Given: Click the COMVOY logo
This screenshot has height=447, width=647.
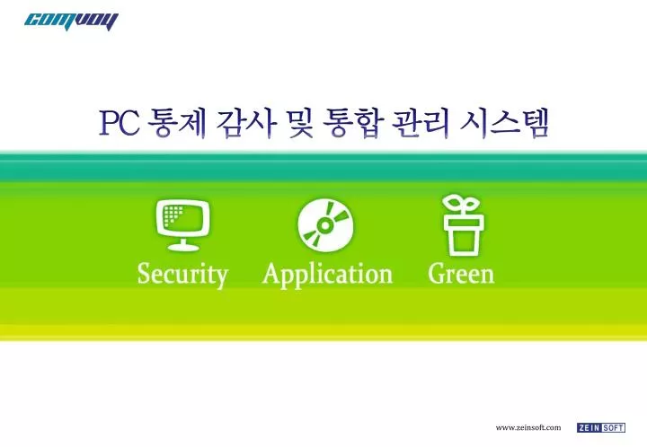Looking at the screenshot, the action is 71,22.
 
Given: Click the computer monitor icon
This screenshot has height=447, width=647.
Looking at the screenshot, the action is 182,224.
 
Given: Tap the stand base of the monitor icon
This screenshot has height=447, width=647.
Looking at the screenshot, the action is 182,246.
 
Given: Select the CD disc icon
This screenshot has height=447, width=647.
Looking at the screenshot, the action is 325,225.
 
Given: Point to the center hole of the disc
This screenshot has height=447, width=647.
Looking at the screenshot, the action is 325,225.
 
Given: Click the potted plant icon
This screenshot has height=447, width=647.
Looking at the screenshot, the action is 462,225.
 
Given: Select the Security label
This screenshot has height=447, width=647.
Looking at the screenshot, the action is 182,275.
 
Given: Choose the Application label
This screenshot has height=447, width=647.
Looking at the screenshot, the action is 328,275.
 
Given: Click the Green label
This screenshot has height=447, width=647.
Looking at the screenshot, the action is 461,274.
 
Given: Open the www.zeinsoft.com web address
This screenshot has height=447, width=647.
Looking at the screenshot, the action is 528,427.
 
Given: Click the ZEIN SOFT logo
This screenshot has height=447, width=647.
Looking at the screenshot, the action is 601,427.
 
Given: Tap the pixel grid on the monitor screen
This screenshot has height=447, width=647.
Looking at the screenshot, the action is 173,215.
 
